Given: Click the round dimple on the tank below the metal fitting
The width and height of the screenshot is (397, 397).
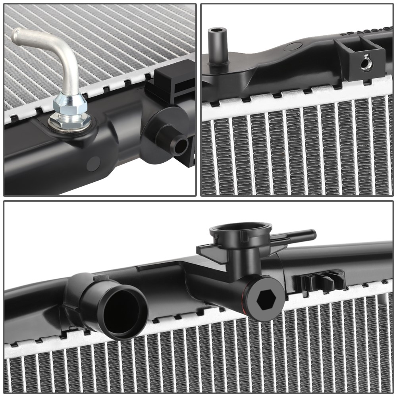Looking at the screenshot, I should [93, 162].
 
